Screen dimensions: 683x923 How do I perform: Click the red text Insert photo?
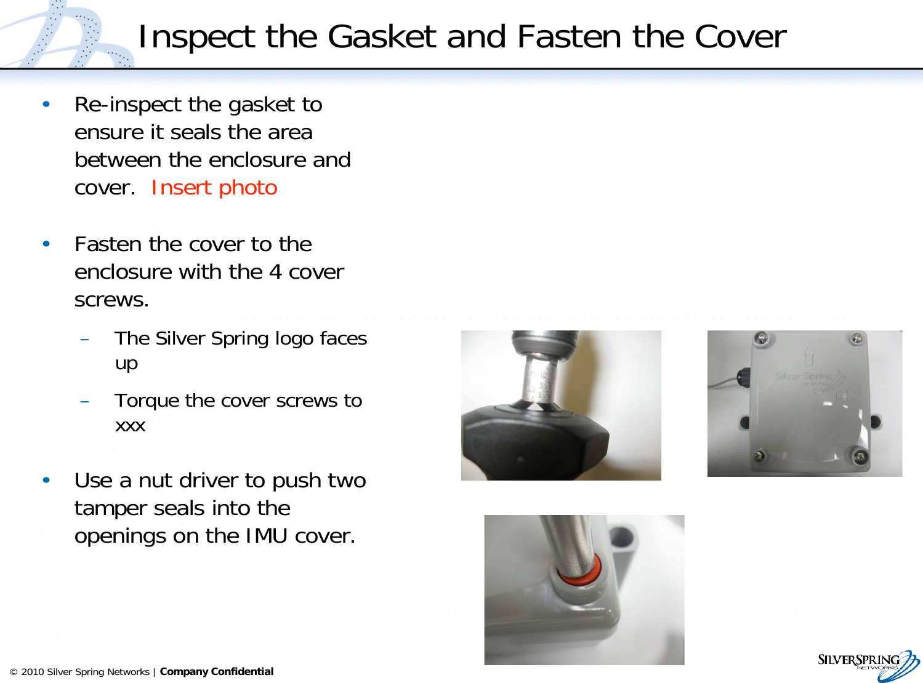pyautogui.click(x=214, y=188)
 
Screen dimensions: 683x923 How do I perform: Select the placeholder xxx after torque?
pyautogui.click(x=130, y=426)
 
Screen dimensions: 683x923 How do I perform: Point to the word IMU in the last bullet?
pyautogui.click(x=266, y=536)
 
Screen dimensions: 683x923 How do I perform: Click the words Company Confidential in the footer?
pyautogui.click(x=217, y=671)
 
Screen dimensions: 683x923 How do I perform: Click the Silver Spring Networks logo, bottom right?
pyautogui.click(x=868, y=665)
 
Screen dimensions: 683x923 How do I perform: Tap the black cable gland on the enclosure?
pyautogui.click(x=744, y=375)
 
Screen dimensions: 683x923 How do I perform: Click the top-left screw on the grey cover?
pyautogui.click(x=761, y=338)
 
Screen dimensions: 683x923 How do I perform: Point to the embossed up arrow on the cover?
pyautogui.click(x=809, y=355)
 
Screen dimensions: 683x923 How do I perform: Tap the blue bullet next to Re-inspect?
pyautogui.click(x=46, y=104)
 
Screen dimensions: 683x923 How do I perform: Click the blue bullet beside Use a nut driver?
pyautogui.click(x=46, y=480)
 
